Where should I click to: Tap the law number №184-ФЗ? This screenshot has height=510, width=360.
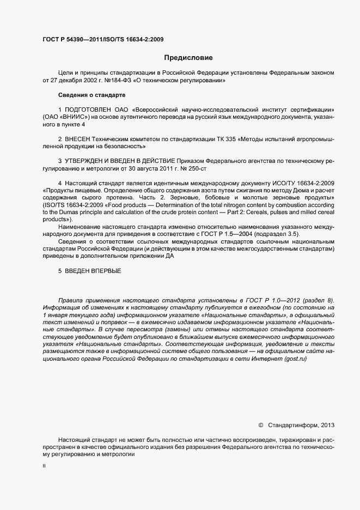[116, 80]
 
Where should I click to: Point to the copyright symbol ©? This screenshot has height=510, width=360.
[260, 424]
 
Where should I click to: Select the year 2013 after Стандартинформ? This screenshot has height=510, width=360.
[328, 424]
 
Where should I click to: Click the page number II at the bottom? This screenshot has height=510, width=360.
[44, 466]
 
